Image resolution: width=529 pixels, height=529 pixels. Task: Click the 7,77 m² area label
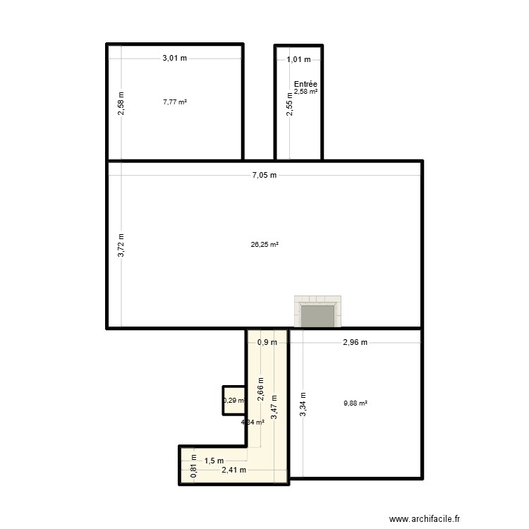(x=174, y=102)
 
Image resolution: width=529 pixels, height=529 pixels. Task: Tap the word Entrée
(x=305, y=84)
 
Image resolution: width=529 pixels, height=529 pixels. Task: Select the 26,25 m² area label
(x=264, y=245)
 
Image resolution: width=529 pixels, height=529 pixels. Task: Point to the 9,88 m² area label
(x=355, y=403)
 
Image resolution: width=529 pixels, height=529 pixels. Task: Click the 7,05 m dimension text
(x=264, y=176)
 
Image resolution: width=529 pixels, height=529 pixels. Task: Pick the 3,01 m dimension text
(x=174, y=59)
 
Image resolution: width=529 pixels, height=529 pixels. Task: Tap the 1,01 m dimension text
(x=298, y=60)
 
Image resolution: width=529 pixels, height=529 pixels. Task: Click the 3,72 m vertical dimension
(x=121, y=245)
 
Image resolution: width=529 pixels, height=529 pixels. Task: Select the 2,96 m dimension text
(x=355, y=343)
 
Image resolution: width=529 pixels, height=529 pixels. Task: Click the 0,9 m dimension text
(x=267, y=343)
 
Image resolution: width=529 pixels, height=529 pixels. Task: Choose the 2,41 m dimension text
(x=233, y=470)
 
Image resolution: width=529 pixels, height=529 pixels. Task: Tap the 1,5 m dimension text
(x=214, y=461)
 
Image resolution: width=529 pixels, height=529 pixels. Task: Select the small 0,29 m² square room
(x=233, y=401)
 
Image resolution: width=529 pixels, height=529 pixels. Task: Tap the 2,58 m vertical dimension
(x=121, y=104)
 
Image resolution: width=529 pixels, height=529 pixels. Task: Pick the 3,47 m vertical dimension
(x=274, y=407)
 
